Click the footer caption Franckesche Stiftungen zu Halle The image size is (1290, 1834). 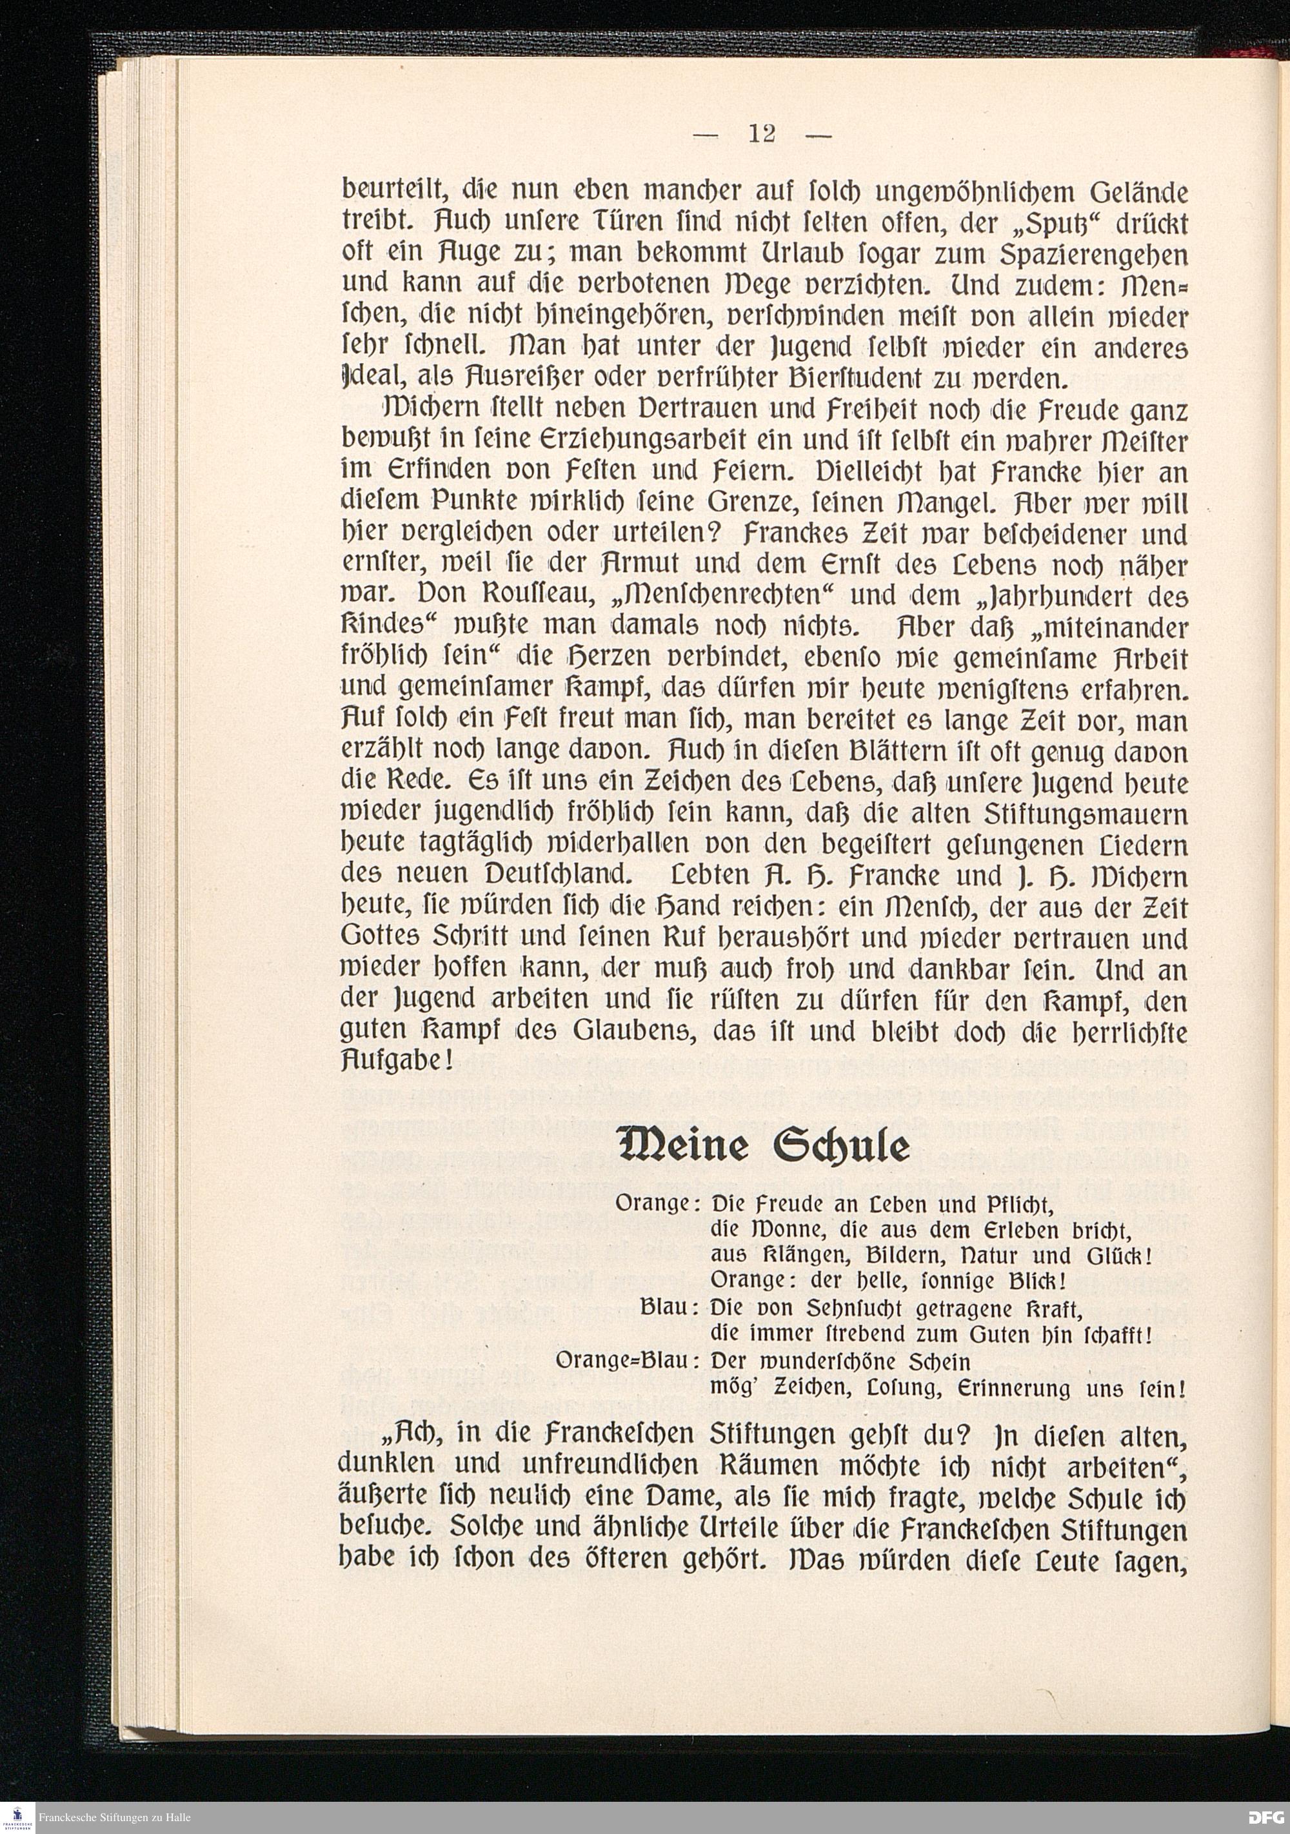[x=116, y=1817]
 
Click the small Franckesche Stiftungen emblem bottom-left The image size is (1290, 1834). [x=17, y=1816]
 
